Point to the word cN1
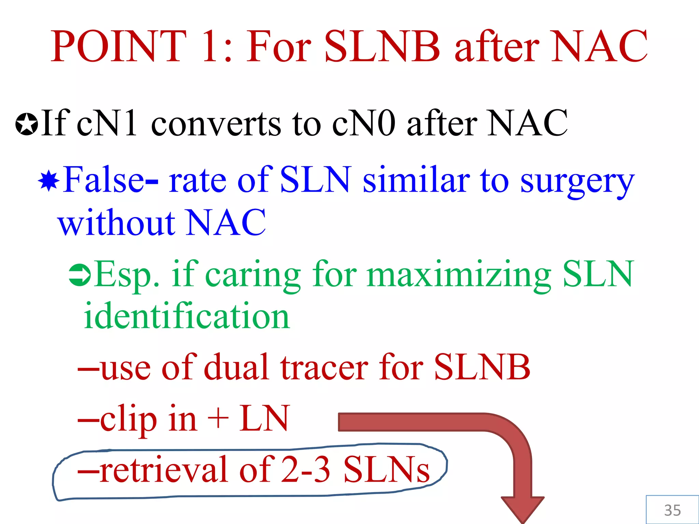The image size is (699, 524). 106,123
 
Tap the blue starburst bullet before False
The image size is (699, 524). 49,181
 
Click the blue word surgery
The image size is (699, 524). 577,181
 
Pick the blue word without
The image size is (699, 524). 117,223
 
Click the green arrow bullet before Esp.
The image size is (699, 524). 80,275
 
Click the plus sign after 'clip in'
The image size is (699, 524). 218,418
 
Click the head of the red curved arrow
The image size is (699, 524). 522,508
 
